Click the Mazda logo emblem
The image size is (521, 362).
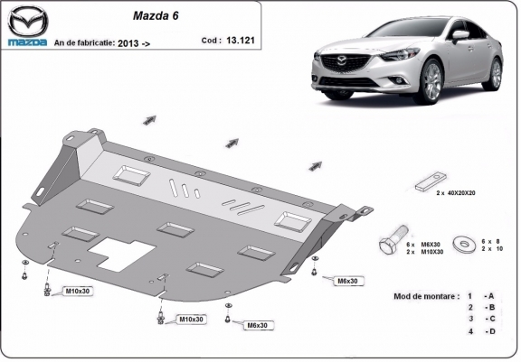click(26, 21)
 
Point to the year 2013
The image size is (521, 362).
click(127, 42)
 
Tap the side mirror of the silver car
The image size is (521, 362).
click(461, 35)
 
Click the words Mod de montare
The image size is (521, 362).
click(424, 296)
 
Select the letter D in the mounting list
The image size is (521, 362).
click(489, 331)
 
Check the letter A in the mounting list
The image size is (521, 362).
click(489, 296)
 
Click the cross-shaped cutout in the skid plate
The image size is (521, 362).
click(120, 255)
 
